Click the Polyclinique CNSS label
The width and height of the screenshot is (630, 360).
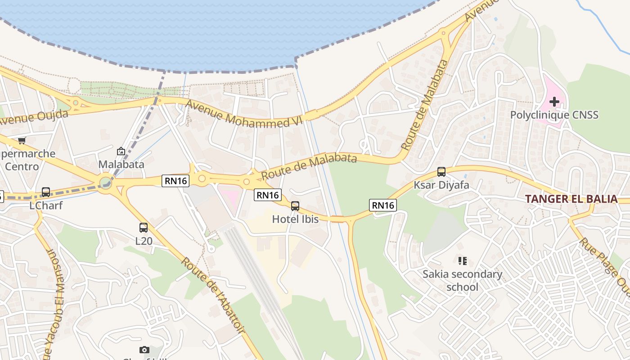click(x=554, y=115)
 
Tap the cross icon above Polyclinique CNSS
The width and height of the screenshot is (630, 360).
click(x=554, y=102)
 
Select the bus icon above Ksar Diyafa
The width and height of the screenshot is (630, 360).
click(x=441, y=171)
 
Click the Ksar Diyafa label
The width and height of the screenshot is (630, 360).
click(x=441, y=185)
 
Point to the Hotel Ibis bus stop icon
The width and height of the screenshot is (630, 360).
click(x=295, y=206)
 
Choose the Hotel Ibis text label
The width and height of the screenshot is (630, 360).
click(x=295, y=219)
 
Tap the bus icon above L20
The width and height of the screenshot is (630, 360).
click(x=144, y=228)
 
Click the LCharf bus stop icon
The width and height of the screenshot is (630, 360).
click(x=46, y=192)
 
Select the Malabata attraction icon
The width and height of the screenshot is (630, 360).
click(x=121, y=152)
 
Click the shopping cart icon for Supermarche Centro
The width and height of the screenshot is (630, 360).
click(x=22, y=140)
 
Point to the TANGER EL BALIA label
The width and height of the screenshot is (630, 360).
click(x=571, y=199)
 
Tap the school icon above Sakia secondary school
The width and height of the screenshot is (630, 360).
click(x=462, y=261)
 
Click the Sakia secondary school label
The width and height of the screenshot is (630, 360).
click(x=462, y=280)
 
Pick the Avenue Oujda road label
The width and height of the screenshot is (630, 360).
click(x=34, y=118)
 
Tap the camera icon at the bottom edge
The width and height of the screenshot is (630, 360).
click(x=144, y=350)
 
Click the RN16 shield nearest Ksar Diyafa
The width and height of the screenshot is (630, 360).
click(x=382, y=205)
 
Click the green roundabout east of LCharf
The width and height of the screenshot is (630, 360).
click(x=106, y=183)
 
